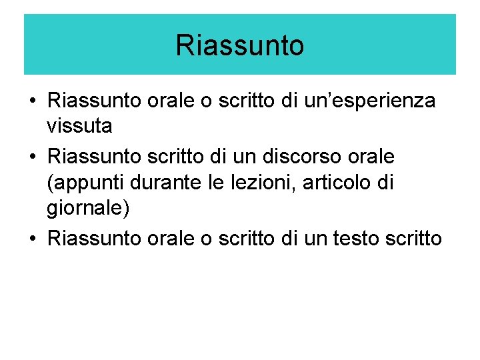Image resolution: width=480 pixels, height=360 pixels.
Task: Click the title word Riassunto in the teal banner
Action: [240, 46]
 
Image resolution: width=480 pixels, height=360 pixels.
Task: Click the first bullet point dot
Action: [31, 102]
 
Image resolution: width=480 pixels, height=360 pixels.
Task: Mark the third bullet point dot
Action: [31, 239]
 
